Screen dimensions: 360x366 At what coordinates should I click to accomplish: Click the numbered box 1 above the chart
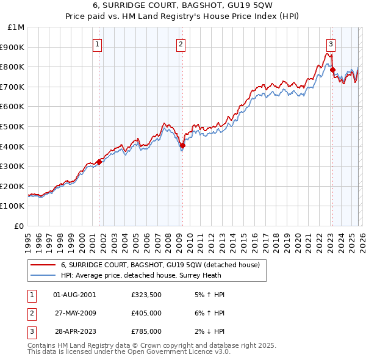98,43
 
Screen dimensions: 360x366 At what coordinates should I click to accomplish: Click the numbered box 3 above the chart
330,43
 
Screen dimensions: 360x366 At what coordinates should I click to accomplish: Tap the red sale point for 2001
99,161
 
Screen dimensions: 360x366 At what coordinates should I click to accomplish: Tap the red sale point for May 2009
182,145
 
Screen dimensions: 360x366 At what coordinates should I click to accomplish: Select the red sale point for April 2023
332,70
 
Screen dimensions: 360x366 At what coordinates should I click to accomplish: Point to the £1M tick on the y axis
16,27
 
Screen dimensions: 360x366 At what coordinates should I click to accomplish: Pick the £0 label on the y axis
19,226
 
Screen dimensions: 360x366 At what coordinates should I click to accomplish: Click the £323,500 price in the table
146,295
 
